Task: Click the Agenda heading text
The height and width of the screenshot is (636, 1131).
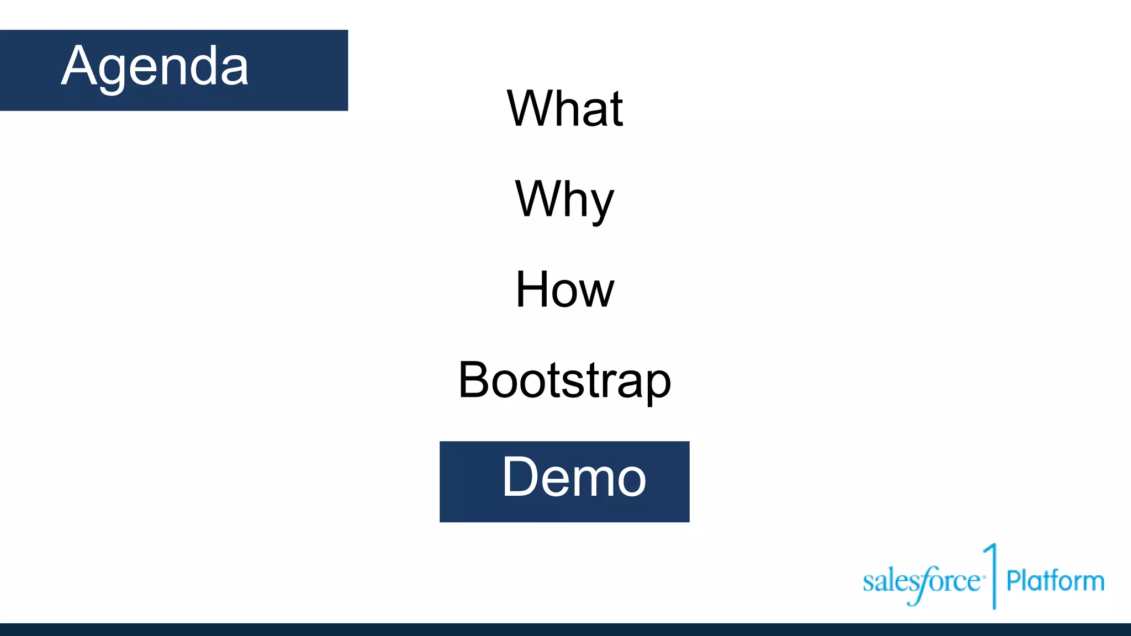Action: coord(155,66)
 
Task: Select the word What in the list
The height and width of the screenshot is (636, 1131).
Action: coord(564,109)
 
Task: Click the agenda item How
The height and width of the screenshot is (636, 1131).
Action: coord(564,289)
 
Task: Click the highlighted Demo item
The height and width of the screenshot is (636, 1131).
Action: coord(573,478)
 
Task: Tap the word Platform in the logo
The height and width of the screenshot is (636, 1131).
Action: coord(1055,581)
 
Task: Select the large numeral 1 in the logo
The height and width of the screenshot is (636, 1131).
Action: coord(992,574)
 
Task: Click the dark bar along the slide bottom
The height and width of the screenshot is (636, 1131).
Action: coord(565,629)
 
